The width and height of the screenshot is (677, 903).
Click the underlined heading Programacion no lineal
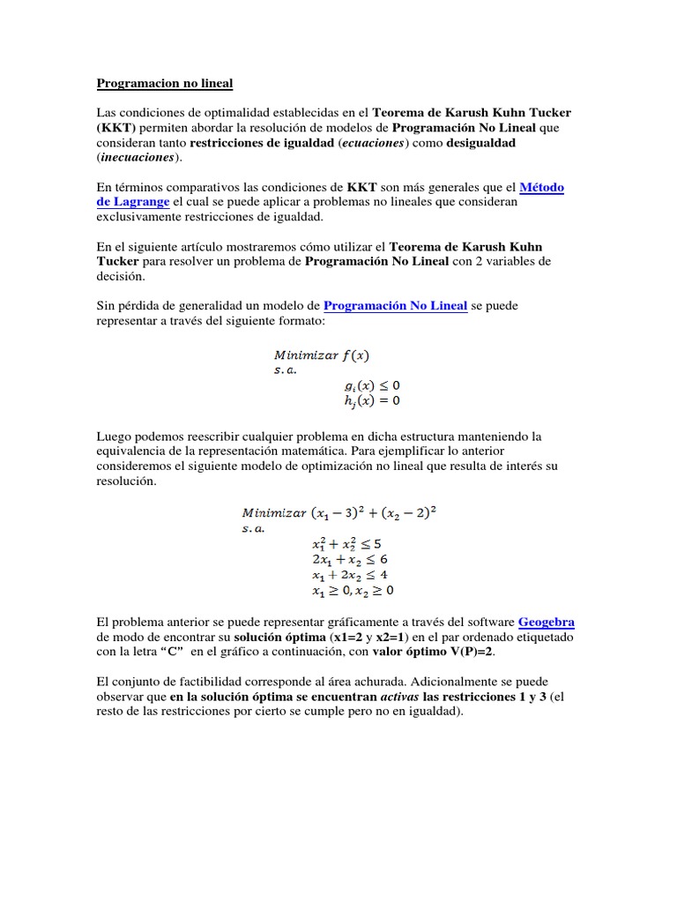[164, 84]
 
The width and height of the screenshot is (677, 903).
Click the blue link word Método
[542, 187]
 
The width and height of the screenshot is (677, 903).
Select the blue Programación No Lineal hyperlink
[395, 306]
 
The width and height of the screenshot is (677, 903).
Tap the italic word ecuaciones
[372, 142]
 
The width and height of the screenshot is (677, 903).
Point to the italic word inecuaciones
[137, 157]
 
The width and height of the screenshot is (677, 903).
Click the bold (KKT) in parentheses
[115, 127]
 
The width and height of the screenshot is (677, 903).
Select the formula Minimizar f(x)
[320, 355]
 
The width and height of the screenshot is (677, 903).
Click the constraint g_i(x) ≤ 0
[372, 385]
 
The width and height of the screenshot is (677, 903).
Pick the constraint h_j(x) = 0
[372, 401]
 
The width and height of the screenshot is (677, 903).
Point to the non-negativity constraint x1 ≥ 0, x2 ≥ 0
[352, 591]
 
